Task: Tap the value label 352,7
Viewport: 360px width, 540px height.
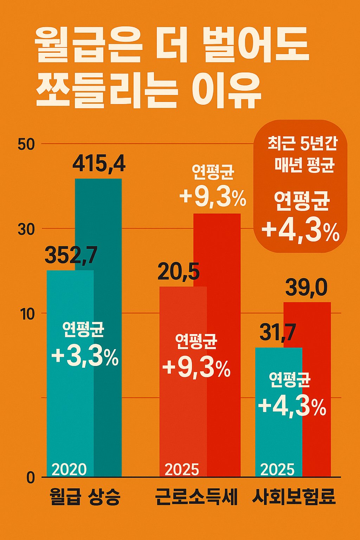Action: [71, 256]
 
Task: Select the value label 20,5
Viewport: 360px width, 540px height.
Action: [179, 272]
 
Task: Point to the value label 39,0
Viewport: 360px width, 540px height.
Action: [306, 288]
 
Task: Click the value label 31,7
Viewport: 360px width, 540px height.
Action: [278, 332]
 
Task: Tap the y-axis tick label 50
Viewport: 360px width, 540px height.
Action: [26, 144]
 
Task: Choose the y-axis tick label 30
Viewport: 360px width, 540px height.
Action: [26, 230]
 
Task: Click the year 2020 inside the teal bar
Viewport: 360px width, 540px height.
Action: [69, 470]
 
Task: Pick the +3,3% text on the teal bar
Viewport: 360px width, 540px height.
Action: [85, 357]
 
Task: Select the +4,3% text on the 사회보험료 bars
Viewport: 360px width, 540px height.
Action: [292, 406]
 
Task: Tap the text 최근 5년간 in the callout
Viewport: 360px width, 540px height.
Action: [302, 144]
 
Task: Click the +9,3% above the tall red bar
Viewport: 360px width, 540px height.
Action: [213, 198]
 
